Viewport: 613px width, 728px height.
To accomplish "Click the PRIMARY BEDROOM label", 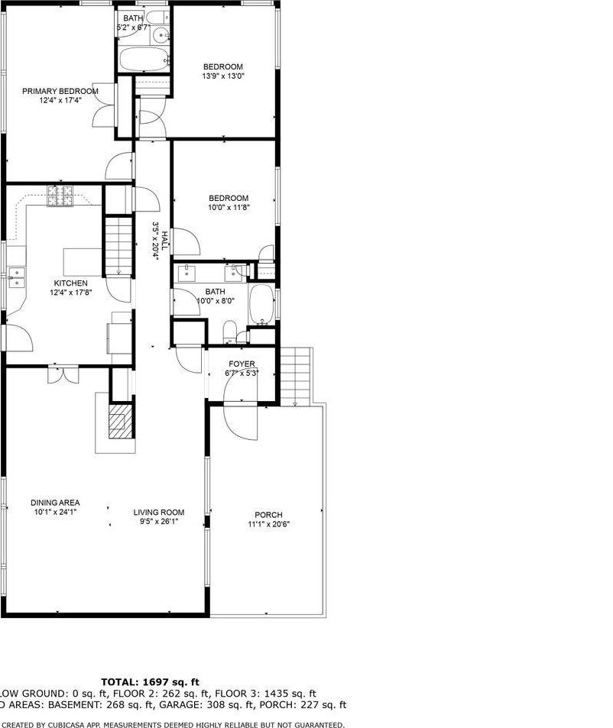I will [x=60, y=92].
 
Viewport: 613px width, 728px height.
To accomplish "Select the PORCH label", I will [x=268, y=514].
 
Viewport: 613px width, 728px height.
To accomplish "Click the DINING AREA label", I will [x=56, y=503].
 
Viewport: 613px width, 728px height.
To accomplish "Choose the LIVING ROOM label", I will [x=159, y=512].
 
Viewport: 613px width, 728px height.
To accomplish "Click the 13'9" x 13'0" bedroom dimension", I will [x=222, y=76].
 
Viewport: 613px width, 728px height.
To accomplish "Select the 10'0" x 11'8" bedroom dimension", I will [x=229, y=207].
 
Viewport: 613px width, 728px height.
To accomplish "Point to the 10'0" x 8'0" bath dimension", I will [x=215, y=300].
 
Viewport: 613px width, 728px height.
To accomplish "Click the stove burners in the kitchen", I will [x=59, y=196].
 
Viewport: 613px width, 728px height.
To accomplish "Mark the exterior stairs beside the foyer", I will [x=295, y=374].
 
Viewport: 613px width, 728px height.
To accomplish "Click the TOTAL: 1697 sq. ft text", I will [x=151, y=681].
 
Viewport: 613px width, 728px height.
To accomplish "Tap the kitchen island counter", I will [x=82, y=260].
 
